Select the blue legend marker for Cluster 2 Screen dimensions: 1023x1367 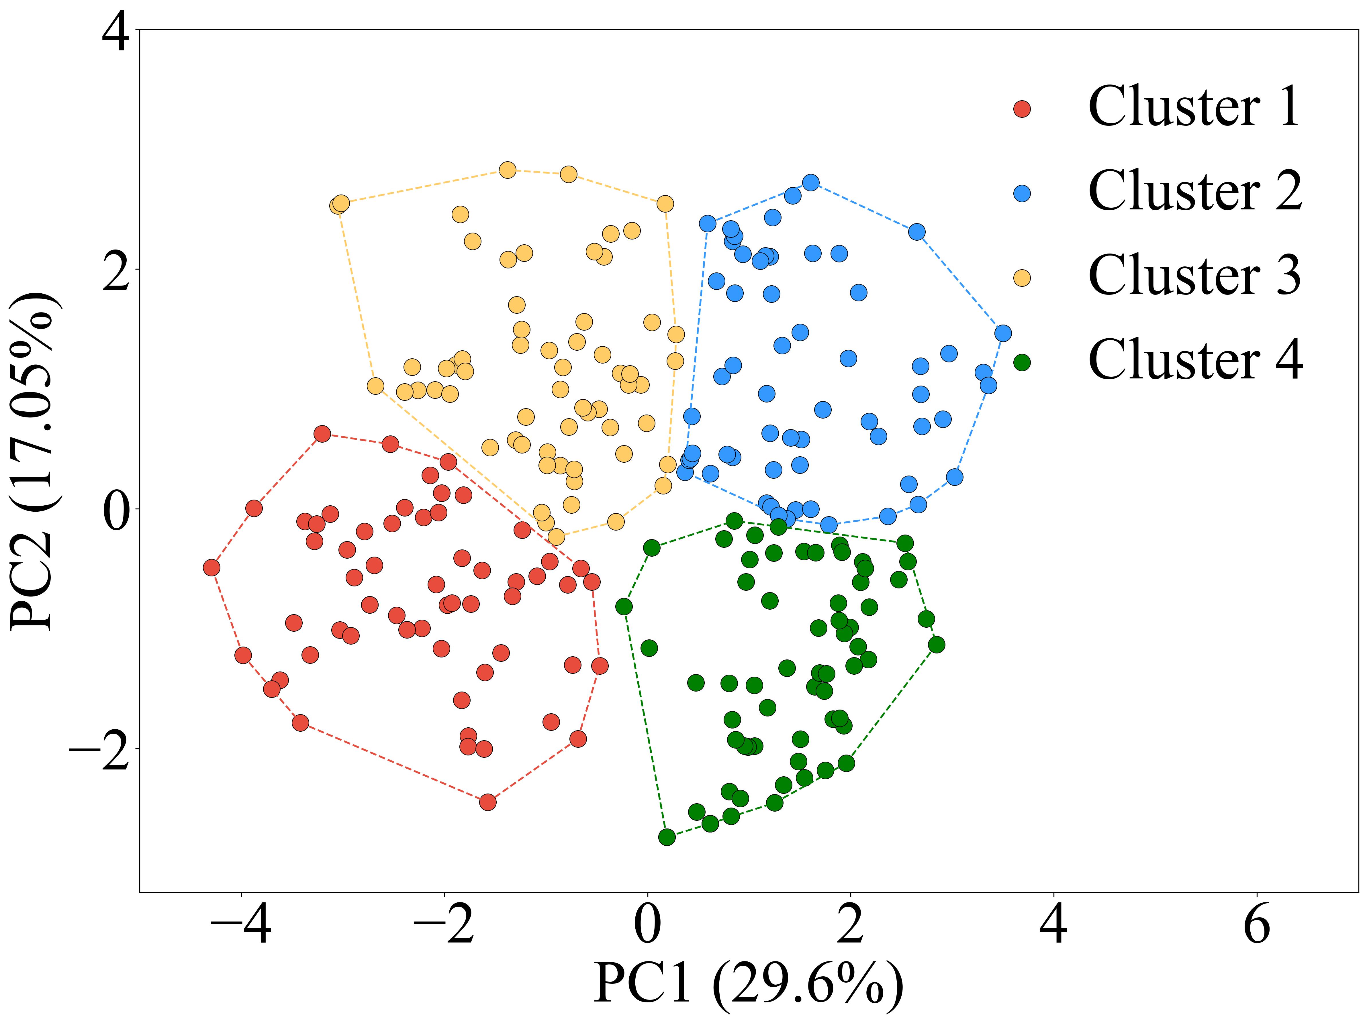click(x=1022, y=193)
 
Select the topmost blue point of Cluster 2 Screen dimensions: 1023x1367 click(x=811, y=182)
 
